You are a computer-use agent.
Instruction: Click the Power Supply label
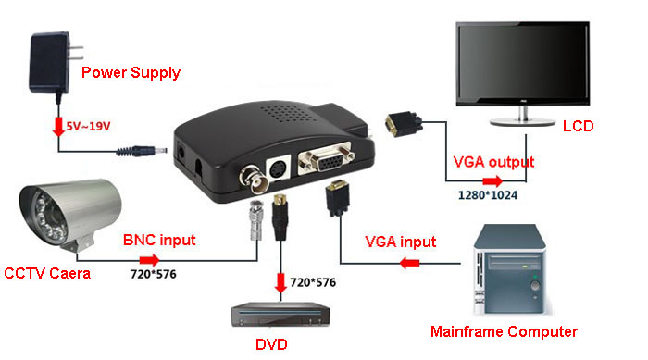point(131,72)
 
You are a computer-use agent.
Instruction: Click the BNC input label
point(159,241)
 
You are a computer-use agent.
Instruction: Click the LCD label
point(578,126)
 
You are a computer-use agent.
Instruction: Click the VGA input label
point(399,242)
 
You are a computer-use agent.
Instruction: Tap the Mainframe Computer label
point(505,331)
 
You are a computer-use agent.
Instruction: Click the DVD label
point(272,344)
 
